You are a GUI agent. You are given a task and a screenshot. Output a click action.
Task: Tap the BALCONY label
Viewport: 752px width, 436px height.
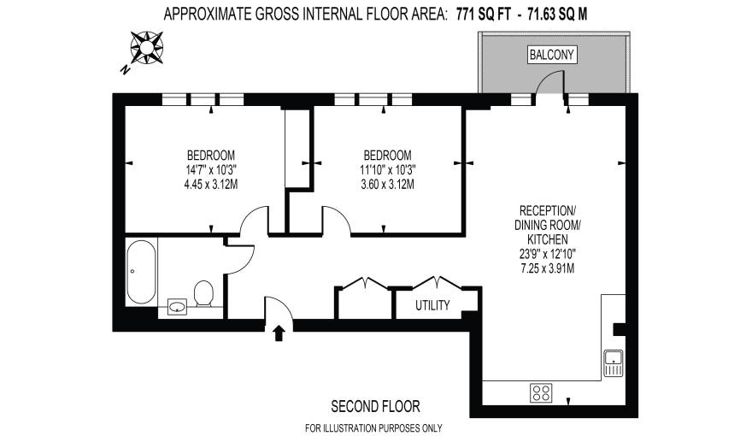pos(553,56)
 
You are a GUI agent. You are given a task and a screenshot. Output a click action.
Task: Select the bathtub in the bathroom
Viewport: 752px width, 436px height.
pos(140,271)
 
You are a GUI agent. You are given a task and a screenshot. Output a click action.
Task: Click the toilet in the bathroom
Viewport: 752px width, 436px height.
pos(203,293)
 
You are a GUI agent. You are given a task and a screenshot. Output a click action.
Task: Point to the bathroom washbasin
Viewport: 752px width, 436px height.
pos(179,306)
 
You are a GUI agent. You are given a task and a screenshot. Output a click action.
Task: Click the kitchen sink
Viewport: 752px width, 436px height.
pos(614,362)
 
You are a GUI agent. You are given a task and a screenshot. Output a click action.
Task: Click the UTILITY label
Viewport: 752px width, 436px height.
pos(432,304)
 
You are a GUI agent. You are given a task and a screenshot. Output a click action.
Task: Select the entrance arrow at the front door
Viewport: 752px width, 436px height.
pos(279,333)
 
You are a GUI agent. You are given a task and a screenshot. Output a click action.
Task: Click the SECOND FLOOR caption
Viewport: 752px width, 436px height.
pos(375,406)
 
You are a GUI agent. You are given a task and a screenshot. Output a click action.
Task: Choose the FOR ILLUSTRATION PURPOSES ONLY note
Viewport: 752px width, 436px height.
pos(375,427)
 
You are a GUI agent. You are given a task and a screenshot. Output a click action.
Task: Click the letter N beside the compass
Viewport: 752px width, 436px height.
pos(126,68)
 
